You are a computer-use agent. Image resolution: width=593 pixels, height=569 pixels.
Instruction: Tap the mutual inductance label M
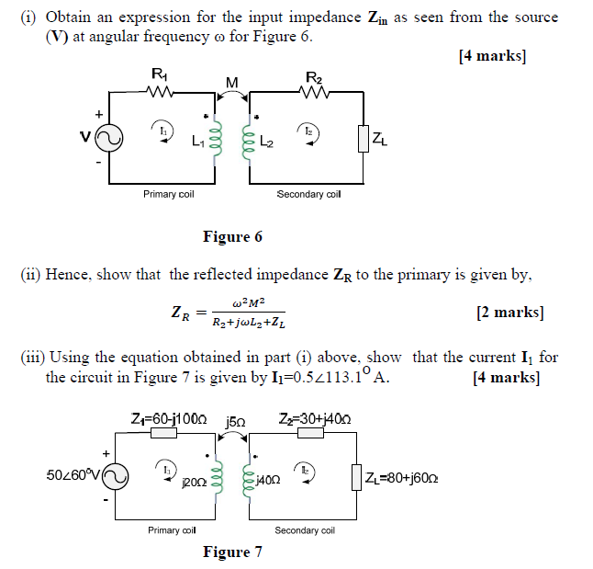pos(231,83)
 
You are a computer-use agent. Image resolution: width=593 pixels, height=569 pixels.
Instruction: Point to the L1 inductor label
pos(199,142)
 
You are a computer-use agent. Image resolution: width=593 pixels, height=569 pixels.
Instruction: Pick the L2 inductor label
pos(266,142)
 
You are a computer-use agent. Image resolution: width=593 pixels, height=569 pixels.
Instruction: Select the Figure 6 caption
pos(232,237)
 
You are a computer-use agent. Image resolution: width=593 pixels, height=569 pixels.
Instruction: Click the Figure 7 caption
pos(232,552)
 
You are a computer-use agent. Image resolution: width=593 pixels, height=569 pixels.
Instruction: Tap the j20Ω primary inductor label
pos(195,481)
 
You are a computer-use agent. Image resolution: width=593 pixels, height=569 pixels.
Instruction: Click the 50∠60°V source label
pos(73,475)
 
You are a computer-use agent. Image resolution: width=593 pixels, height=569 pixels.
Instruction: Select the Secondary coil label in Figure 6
pos(308,194)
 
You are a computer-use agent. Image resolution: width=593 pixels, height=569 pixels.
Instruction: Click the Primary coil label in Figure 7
pos(171,530)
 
